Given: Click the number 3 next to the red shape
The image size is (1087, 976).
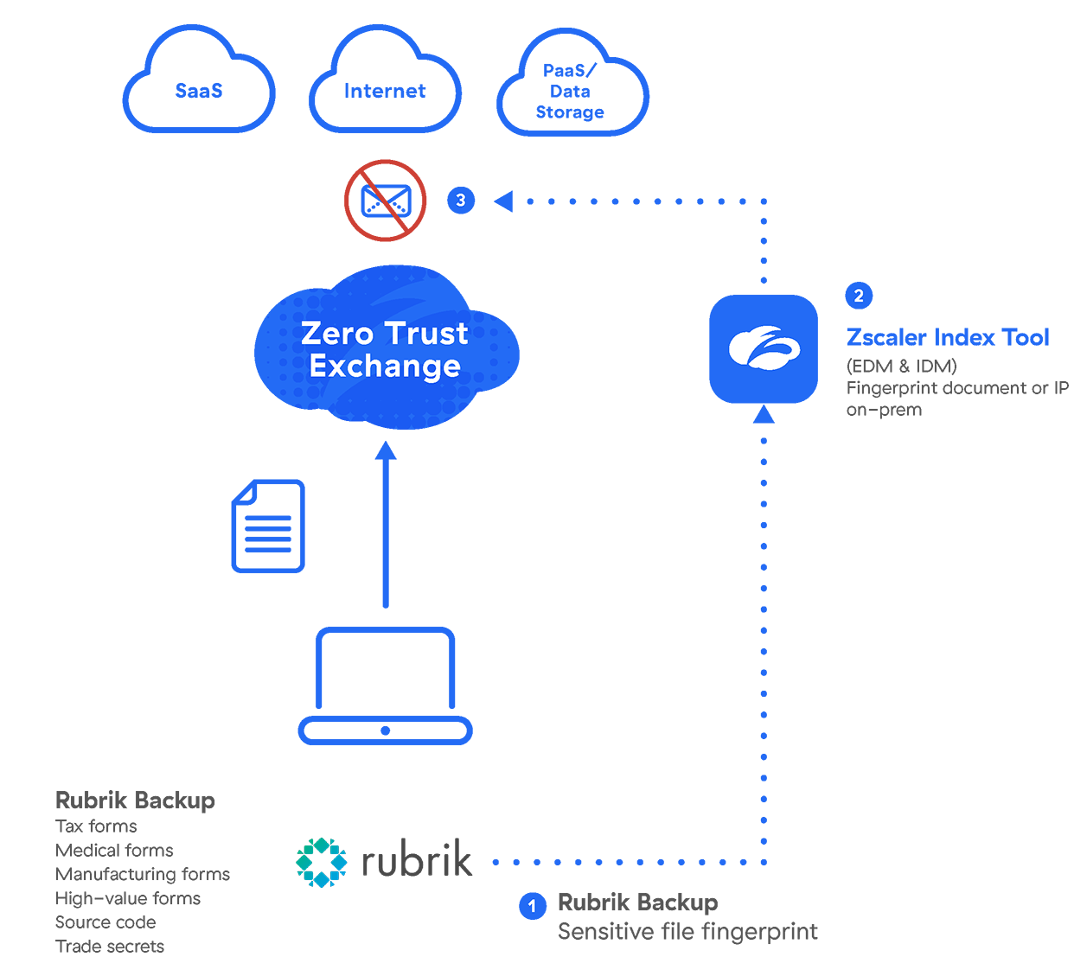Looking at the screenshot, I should (461, 201).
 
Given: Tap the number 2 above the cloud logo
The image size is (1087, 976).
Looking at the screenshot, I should (859, 297).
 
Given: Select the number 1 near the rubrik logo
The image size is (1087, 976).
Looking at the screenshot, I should (533, 906).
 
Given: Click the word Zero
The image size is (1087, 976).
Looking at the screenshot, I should (337, 334).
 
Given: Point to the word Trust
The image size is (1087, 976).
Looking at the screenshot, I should (426, 334).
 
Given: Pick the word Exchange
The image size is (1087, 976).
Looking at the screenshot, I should (385, 367).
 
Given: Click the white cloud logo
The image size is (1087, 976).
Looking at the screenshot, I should (764, 348).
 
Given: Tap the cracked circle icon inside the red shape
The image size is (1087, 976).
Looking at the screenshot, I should (386, 201).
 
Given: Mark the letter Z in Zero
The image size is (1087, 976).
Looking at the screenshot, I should (312, 334).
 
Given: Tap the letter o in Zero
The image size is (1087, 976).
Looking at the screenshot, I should (363, 335).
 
